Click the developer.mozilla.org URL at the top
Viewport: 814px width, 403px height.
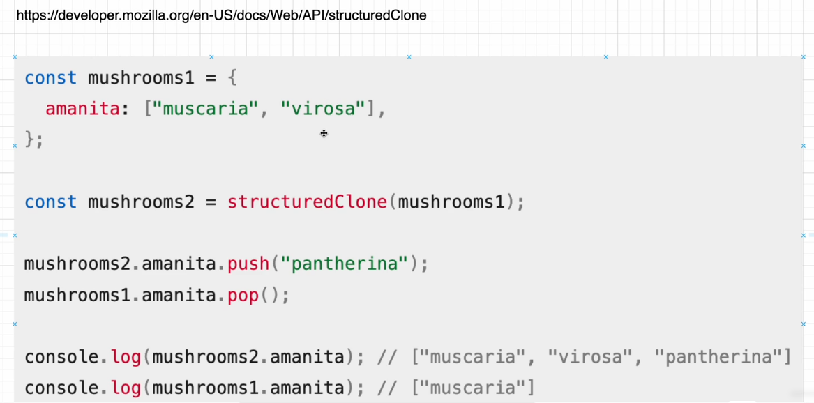point(221,15)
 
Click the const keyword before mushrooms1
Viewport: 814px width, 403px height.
point(50,78)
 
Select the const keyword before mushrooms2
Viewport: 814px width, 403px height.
point(50,202)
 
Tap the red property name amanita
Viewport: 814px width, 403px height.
point(82,109)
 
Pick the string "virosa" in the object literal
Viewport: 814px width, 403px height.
point(323,109)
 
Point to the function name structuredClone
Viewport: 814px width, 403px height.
point(307,202)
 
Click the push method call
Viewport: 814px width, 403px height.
point(248,264)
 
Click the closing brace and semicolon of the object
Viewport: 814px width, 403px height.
point(33,139)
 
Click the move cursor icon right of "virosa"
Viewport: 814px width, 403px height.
point(324,133)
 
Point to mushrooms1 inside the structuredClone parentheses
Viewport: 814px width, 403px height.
point(451,202)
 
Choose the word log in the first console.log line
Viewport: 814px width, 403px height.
point(126,358)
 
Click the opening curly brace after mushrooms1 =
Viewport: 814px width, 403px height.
point(232,78)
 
